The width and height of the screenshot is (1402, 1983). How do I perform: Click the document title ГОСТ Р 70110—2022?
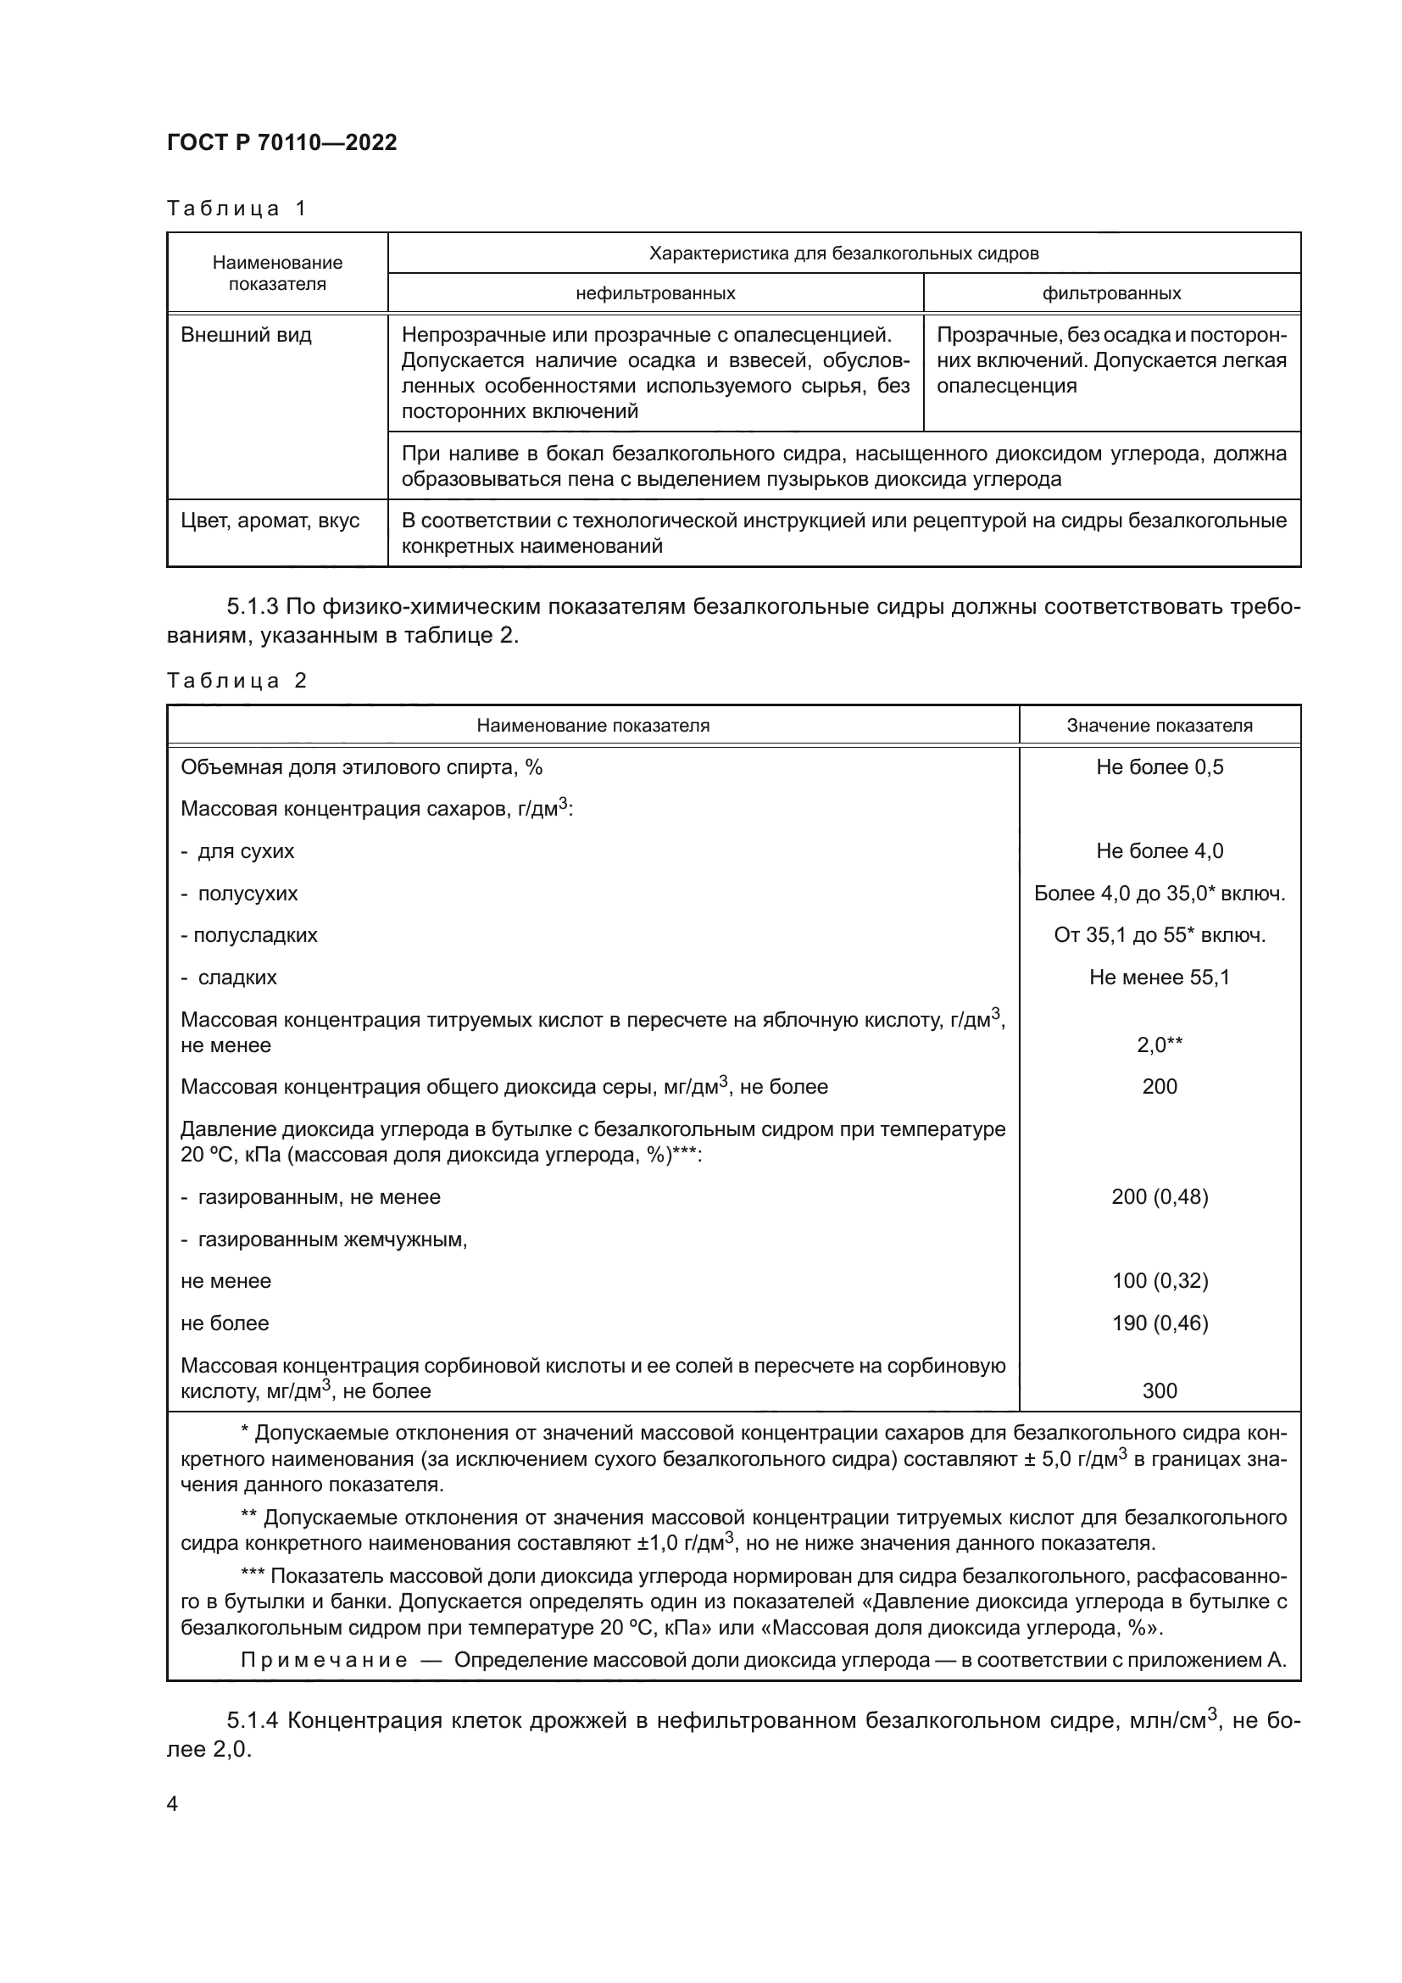(x=281, y=142)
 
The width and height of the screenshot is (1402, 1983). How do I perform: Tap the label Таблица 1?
(x=236, y=209)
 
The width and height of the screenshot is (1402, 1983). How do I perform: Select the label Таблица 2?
(x=236, y=681)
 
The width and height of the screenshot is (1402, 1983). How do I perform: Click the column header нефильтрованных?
(x=655, y=292)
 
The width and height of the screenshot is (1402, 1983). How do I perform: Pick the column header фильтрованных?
(x=1111, y=292)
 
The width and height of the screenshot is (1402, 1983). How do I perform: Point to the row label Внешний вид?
(x=246, y=335)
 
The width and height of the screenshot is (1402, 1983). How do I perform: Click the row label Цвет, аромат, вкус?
(x=270, y=521)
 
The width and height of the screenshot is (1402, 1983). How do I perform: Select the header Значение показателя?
(x=1160, y=726)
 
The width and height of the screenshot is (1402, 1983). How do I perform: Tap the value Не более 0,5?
(x=1160, y=767)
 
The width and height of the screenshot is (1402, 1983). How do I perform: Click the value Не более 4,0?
(x=1160, y=850)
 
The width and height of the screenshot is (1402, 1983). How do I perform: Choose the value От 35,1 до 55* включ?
(x=1160, y=934)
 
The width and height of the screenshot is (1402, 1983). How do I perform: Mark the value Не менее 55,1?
(x=1160, y=977)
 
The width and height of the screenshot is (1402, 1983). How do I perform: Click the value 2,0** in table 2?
(x=1160, y=1045)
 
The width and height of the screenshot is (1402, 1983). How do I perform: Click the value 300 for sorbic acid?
(x=1160, y=1390)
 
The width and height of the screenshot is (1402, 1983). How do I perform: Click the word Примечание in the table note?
(x=324, y=1659)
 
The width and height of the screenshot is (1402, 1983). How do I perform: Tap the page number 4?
(x=172, y=1803)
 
